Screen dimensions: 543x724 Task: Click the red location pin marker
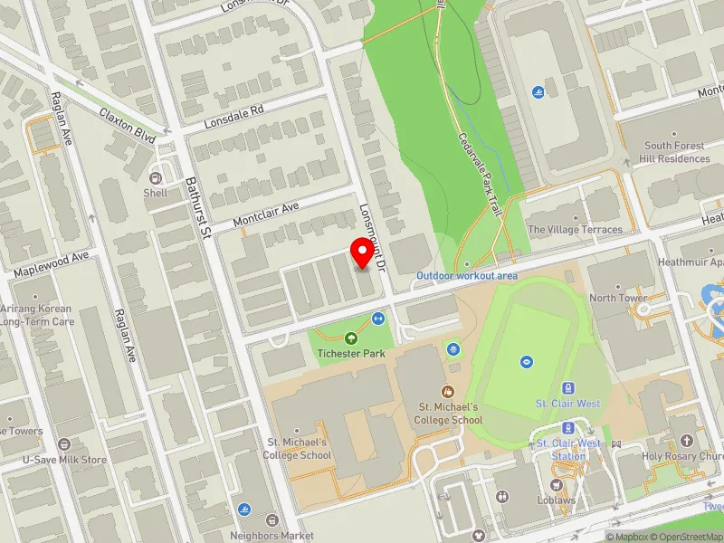coord(364,252)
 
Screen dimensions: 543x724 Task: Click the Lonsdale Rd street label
coord(233,115)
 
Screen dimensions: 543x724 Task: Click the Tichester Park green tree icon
coord(351,338)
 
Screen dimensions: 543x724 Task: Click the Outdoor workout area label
coord(467,275)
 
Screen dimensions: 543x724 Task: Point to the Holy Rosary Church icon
coord(687,442)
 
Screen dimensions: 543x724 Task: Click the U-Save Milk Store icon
coord(64,444)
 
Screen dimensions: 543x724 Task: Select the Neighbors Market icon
coord(272,520)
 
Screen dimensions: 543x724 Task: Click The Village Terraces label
coord(575,230)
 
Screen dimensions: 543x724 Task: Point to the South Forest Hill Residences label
coord(677,152)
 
